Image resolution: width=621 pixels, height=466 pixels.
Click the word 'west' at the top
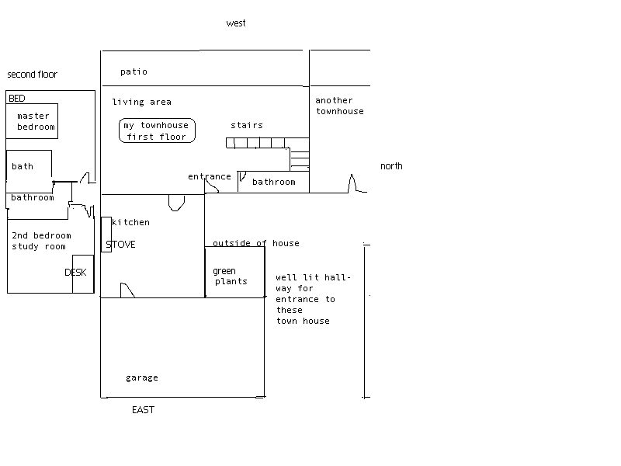pyautogui.click(x=236, y=23)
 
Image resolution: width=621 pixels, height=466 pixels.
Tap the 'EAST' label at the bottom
pyautogui.click(x=143, y=410)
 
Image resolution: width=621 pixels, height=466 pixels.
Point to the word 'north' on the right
pyautogui.click(x=391, y=166)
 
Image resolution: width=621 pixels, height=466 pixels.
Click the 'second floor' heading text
pyautogui.click(x=33, y=75)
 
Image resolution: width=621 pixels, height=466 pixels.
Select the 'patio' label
pyautogui.click(x=134, y=72)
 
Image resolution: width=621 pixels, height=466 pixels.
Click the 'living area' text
pyautogui.click(x=141, y=103)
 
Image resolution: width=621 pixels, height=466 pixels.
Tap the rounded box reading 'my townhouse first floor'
pyautogui.click(x=157, y=130)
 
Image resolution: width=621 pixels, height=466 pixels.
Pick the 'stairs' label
pyautogui.click(x=247, y=126)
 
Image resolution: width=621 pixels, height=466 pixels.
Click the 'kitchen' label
pyautogui.click(x=131, y=223)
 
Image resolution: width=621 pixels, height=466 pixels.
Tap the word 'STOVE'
pyautogui.click(x=120, y=245)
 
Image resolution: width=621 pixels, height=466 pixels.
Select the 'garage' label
pyautogui.click(x=141, y=378)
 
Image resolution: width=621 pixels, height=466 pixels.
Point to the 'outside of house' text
pyautogui.click(x=255, y=244)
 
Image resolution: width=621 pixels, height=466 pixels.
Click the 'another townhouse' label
pyautogui.click(x=339, y=106)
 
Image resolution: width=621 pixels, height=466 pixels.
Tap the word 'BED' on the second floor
pyautogui.click(x=17, y=99)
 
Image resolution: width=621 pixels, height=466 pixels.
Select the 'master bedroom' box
pyautogui.click(x=36, y=121)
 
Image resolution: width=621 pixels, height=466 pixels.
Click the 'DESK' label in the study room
pyautogui.click(x=75, y=273)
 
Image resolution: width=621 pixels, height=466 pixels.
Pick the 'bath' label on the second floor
pyautogui.click(x=23, y=166)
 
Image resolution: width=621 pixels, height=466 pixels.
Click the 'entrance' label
pyautogui.click(x=209, y=177)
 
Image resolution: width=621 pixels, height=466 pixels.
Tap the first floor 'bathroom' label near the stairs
pyautogui.click(x=274, y=183)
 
